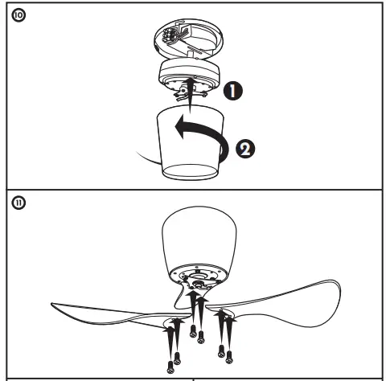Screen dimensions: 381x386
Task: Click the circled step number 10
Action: point(16,15)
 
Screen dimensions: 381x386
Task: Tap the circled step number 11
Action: point(16,202)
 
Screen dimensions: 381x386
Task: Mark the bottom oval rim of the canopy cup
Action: point(191,170)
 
